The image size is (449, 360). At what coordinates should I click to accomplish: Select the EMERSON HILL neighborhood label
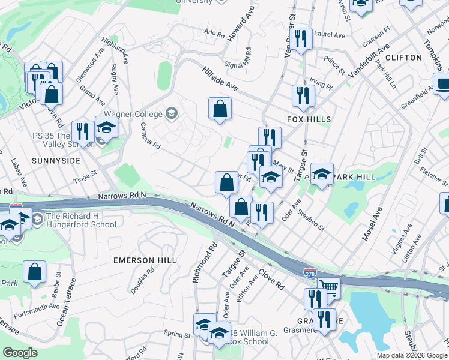click(x=145, y=260)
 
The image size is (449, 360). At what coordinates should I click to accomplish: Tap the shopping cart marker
click(x=328, y=288)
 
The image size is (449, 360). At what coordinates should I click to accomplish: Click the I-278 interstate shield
click(x=310, y=272)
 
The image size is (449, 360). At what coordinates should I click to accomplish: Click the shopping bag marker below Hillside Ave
click(x=220, y=109)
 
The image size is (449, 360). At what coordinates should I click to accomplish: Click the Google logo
click(x=19, y=353)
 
